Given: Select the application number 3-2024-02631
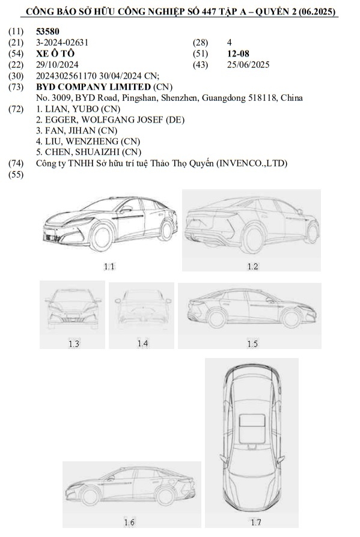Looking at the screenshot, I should coord(62,43).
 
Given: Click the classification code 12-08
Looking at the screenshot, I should coord(238,53).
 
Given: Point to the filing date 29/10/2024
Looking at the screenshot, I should coord(56,64).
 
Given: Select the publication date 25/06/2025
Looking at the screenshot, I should coord(248,64).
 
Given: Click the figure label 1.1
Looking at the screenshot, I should coord(109,265).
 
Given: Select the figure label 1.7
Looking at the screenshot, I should coord(255,522).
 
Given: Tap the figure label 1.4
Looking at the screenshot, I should coord(142,343).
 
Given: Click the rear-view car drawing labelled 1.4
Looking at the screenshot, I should coord(141,309).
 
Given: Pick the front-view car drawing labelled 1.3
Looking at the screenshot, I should coord(73,308).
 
